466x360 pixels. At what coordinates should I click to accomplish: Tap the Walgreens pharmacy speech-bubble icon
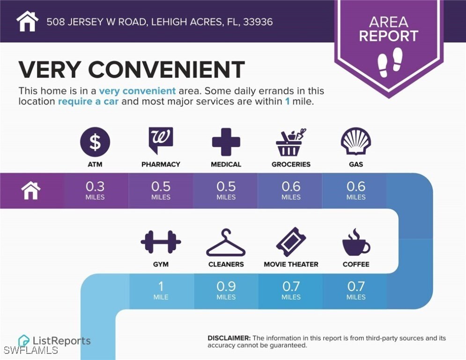pyautogui.click(x=161, y=140)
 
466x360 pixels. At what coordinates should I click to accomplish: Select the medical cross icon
pyautogui.click(x=226, y=141)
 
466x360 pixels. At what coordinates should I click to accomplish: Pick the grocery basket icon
pyautogui.click(x=291, y=142)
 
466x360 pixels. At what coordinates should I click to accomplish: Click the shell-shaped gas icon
pyautogui.click(x=356, y=142)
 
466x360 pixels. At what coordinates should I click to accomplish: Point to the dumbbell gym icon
pyautogui.click(x=161, y=242)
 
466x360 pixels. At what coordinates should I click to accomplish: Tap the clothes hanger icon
pyautogui.click(x=226, y=243)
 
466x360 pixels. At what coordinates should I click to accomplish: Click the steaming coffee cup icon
pyautogui.click(x=355, y=243)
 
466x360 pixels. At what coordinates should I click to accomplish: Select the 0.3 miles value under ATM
pyautogui.click(x=95, y=190)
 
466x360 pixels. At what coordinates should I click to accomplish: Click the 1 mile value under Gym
pyautogui.click(x=161, y=289)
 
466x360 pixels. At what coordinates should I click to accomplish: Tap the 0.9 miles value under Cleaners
pyautogui.click(x=226, y=289)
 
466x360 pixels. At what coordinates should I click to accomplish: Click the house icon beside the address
pyautogui.click(x=27, y=21)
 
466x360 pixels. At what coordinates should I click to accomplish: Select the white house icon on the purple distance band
pyautogui.click(x=31, y=191)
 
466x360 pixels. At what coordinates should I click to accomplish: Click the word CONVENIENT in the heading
pyautogui.click(x=166, y=70)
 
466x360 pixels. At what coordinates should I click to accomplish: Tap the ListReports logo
pyautogui.click(x=54, y=341)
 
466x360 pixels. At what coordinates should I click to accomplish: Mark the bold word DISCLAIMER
pyautogui.click(x=229, y=338)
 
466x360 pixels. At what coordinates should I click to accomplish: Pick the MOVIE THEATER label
pyautogui.click(x=291, y=264)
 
